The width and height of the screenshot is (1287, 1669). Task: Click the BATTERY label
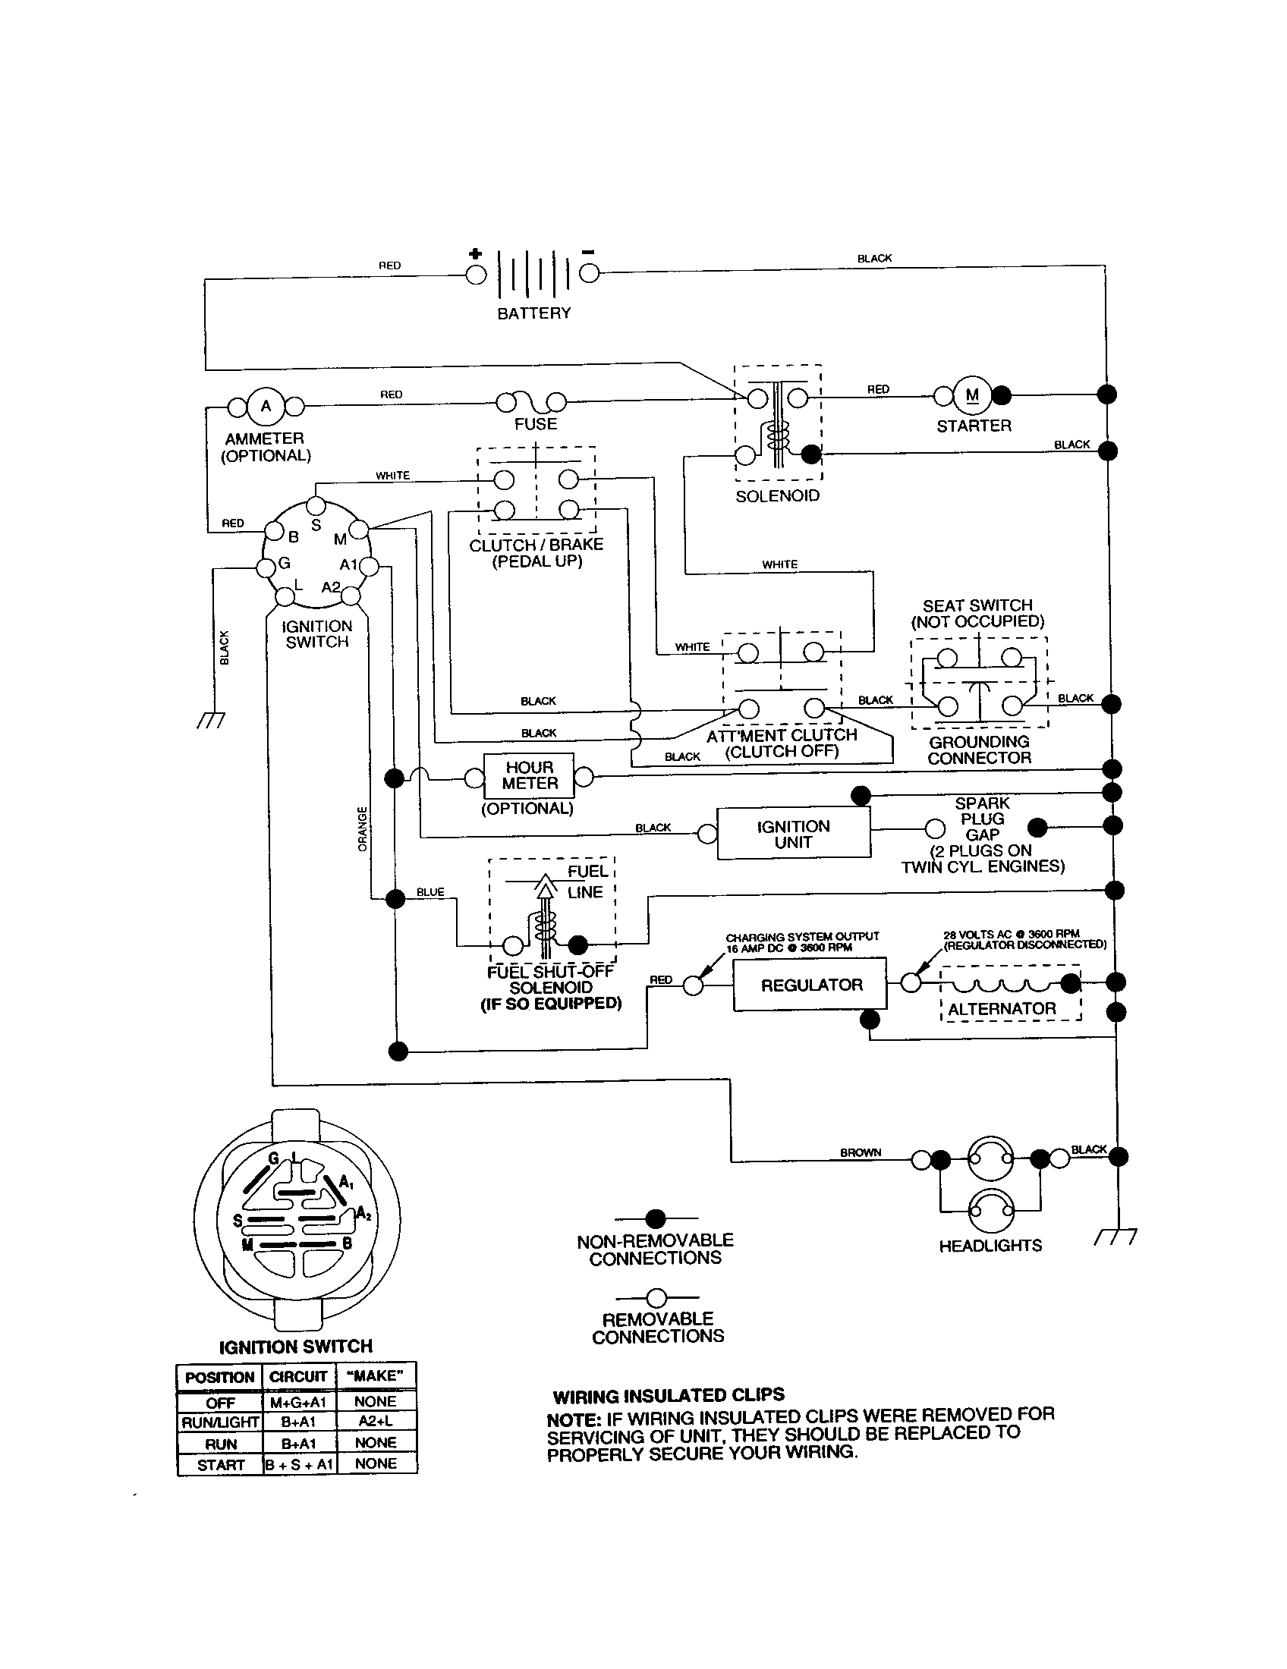tap(533, 313)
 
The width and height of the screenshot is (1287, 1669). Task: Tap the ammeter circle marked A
tap(266, 406)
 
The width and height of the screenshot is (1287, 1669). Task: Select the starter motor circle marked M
tap(972, 395)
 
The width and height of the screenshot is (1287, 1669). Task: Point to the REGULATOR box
tap(810, 985)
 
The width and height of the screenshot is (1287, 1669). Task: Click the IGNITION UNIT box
tap(793, 834)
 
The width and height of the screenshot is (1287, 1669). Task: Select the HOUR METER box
tap(529, 775)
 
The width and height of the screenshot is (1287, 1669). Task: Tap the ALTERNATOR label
tap(1002, 1009)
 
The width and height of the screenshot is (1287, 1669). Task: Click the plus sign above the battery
tap(474, 253)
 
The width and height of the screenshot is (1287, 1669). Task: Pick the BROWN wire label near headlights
tap(861, 1152)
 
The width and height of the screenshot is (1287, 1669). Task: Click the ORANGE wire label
tap(362, 828)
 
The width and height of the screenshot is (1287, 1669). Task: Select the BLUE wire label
tap(430, 892)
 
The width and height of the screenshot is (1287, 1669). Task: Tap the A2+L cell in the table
tap(376, 1422)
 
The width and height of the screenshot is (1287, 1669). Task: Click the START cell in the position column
tap(220, 1465)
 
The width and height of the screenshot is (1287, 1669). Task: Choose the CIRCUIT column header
tap(298, 1376)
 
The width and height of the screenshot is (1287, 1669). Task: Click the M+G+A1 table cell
tap(298, 1402)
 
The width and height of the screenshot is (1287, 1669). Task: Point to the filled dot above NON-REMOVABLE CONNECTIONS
tap(655, 1218)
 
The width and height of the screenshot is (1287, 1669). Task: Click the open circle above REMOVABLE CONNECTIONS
tap(656, 1297)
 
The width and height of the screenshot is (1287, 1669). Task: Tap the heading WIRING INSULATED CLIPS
tap(669, 1396)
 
